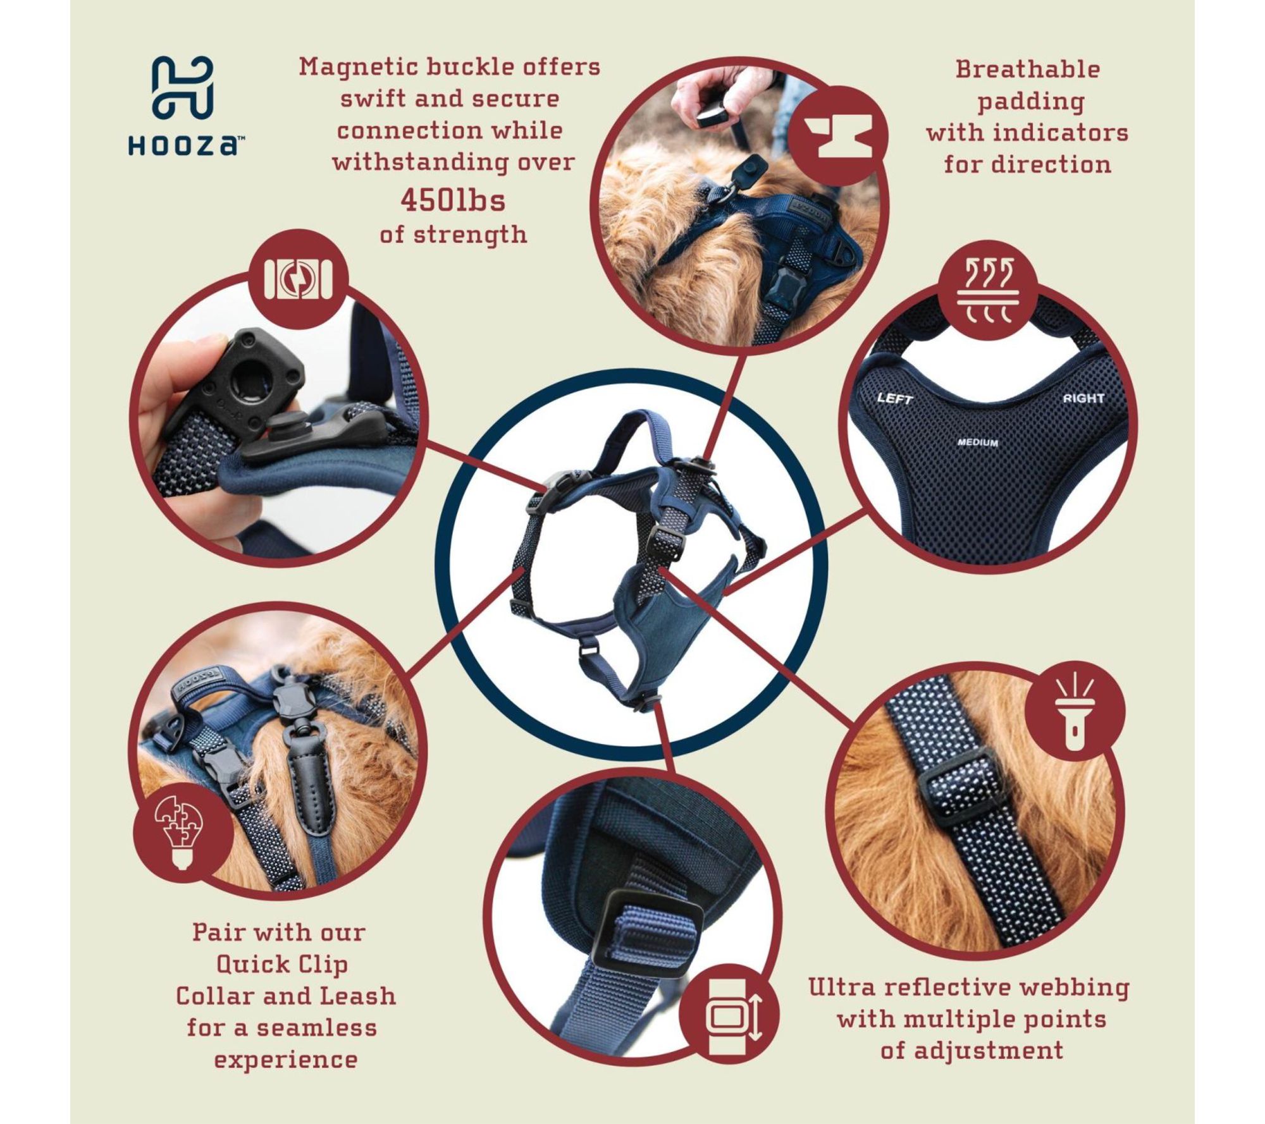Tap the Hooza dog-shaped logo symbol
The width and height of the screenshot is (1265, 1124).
pos(183,89)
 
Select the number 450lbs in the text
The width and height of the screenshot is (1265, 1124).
pos(453,201)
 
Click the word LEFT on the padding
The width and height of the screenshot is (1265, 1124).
pos(895,398)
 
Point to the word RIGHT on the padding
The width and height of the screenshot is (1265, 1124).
pos(1083,398)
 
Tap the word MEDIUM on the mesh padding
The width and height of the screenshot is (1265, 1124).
pos(978,443)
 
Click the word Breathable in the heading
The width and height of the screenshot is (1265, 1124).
pos(1028,69)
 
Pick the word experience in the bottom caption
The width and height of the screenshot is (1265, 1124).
pos(286,1060)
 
